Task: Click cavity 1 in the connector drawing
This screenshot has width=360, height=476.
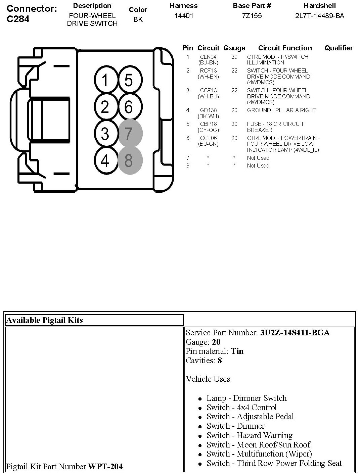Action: coord(105,81)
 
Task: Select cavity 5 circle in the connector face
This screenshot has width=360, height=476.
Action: coord(129,81)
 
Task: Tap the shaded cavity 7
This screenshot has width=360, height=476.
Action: coord(129,134)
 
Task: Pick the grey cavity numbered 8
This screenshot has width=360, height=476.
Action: coord(129,160)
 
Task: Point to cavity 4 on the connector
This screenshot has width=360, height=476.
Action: coord(105,160)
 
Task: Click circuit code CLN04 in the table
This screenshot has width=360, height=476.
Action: coord(208,57)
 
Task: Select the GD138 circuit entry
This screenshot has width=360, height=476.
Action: coord(208,110)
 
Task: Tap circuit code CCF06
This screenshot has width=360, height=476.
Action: coord(208,138)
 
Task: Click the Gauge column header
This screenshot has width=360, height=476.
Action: coord(234,48)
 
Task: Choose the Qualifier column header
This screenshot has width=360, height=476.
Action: coord(339,48)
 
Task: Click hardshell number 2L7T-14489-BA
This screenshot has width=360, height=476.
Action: coord(319,16)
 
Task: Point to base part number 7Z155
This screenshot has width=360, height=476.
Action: coord(252,16)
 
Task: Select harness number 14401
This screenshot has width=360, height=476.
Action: coord(184,16)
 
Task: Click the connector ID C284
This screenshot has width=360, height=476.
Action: coord(18,19)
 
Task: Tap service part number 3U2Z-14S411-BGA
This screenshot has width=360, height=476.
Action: coord(295,333)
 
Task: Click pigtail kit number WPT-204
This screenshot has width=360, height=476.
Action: coord(105,466)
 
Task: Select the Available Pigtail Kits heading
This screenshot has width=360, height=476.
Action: coord(45,320)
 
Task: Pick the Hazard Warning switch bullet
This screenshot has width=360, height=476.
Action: coord(250,435)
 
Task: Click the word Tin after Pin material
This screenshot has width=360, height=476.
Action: coord(237,351)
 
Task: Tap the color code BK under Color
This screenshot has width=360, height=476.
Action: coord(138,19)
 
